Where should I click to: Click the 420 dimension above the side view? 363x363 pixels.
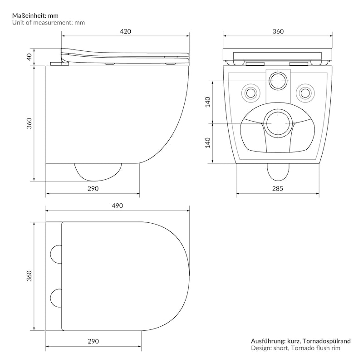pyautogui.click(x=125, y=31)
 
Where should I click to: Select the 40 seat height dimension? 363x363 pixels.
pyautogui.click(x=29, y=57)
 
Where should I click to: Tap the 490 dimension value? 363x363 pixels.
pyautogui.click(x=117, y=206)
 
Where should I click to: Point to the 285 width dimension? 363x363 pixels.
pyautogui.click(x=279, y=188)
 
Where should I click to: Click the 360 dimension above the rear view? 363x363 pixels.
pyautogui.click(x=278, y=31)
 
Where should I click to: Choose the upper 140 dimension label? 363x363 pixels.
pyautogui.click(x=208, y=102)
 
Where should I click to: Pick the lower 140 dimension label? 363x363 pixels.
pyautogui.click(x=208, y=142)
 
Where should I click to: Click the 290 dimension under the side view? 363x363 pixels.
pyautogui.click(x=93, y=188)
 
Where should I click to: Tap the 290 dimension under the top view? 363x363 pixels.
pyautogui.click(x=93, y=340)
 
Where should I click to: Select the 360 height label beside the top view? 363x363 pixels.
pyautogui.click(x=29, y=275)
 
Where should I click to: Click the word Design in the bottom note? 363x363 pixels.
pyautogui.click(x=261, y=348)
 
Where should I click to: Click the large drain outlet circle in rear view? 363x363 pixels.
pyautogui.click(x=278, y=123)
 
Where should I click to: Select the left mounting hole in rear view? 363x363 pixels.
pyautogui.click(x=251, y=92)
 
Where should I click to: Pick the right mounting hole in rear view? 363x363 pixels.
pyautogui.click(x=305, y=92)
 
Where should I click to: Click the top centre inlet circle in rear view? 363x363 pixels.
pyautogui.click(x=278, y=81)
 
